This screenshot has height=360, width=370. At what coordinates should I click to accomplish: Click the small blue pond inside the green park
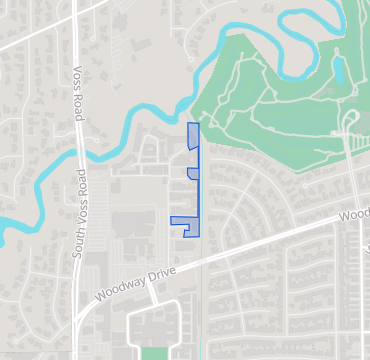(338, 70)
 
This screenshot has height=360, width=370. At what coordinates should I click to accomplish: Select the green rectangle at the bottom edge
(152, 353)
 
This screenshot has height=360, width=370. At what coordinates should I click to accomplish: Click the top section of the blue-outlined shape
(193, 137)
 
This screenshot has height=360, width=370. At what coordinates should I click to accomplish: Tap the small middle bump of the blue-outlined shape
(192, 174)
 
